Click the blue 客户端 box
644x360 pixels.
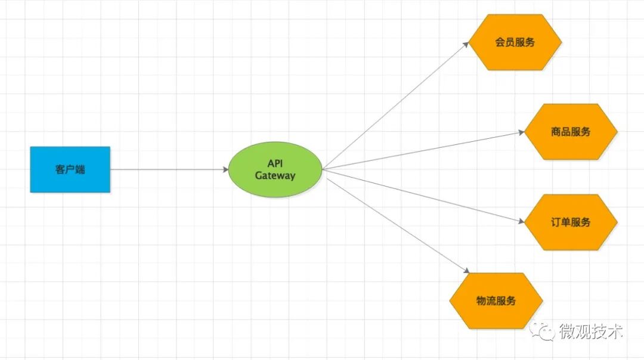tap(70, 169)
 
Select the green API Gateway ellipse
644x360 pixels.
tap(275, 169)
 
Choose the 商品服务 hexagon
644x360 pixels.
tap(571, 132)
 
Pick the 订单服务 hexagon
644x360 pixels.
tap(571, 222)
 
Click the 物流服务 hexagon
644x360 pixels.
tap(496, 300)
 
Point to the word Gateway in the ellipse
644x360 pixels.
tap(275, 176)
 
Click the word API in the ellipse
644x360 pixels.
tap(275, 163)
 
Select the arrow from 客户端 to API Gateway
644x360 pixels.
tap(170, 169)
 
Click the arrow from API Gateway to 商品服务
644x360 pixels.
tap(423, 151)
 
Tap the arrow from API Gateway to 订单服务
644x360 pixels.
tap(423, 196)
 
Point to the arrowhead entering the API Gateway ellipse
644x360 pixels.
tap(225, 169)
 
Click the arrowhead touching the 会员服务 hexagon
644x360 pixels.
tap(467, 44)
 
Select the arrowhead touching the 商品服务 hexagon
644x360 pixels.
tap(521, 132)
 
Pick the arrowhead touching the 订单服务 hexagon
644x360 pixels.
tap(521, 221)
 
